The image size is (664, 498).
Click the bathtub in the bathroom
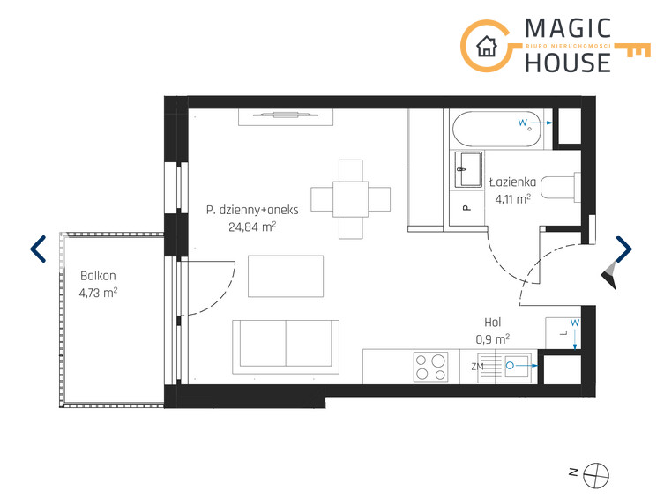tap(496, 129)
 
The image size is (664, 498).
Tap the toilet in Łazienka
tap(561, 187)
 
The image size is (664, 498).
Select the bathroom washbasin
tap(468, 169)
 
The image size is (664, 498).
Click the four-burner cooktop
tap(431, 367)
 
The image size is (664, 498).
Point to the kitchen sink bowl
tap(517, 366)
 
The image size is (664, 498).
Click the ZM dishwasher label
tap(477, 367)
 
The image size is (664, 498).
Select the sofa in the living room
tap(286, 347)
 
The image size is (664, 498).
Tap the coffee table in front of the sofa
tap(286, 276)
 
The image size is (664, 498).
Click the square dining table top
tap(351, 199)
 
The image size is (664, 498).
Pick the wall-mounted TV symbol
tap(286, 115)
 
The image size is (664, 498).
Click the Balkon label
tap(98, 276)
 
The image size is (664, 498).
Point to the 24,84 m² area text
tap(252, 227)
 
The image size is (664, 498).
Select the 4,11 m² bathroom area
tap(513, 199)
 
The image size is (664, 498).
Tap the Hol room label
tap(493, 323)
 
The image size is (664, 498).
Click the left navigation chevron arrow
tap(38, 249)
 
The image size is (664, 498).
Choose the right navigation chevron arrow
tap(623, 249)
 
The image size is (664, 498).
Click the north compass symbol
tap(596, 476)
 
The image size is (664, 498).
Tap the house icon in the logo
tap(487, 46)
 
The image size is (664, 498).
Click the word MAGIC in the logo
tap(568, 29)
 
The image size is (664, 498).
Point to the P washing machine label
tap(466, 208)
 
